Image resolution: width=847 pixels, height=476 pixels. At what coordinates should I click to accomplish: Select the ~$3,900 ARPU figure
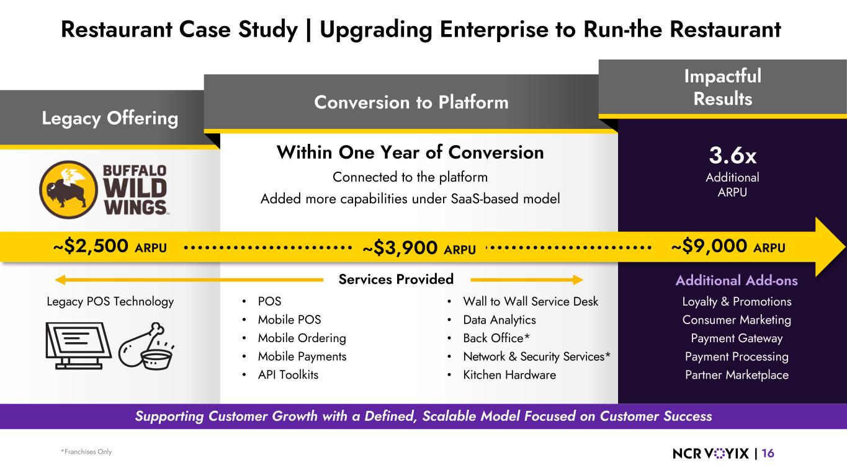[419, 249]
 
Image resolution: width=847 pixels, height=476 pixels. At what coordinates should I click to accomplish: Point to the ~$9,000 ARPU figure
[728, 247]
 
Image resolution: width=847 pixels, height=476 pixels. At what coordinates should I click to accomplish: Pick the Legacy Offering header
[110, 118]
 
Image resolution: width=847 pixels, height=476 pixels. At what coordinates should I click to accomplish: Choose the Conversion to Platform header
[411, 102]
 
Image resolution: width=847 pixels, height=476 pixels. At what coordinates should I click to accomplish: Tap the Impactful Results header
[722, 87]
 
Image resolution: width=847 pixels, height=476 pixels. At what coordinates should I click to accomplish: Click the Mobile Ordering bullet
[302, 338]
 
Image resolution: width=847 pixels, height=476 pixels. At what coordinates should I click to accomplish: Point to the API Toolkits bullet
[288, 375]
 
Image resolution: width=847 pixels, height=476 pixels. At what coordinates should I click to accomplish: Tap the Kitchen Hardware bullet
[509, 375]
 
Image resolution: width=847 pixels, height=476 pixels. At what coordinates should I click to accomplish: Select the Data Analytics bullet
[499, 320]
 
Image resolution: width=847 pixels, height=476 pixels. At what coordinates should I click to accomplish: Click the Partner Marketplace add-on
[736, 375]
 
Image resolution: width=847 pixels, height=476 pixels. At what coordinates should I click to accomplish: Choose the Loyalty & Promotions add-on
[736, 302]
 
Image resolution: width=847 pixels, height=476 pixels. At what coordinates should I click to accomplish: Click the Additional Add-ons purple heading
[736, 281]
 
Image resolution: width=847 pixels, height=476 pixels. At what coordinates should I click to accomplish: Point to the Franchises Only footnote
[86, 452]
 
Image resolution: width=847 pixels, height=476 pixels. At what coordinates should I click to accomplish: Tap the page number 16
[768, 453]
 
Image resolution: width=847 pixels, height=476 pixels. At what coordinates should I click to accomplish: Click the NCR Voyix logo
[710, 453]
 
